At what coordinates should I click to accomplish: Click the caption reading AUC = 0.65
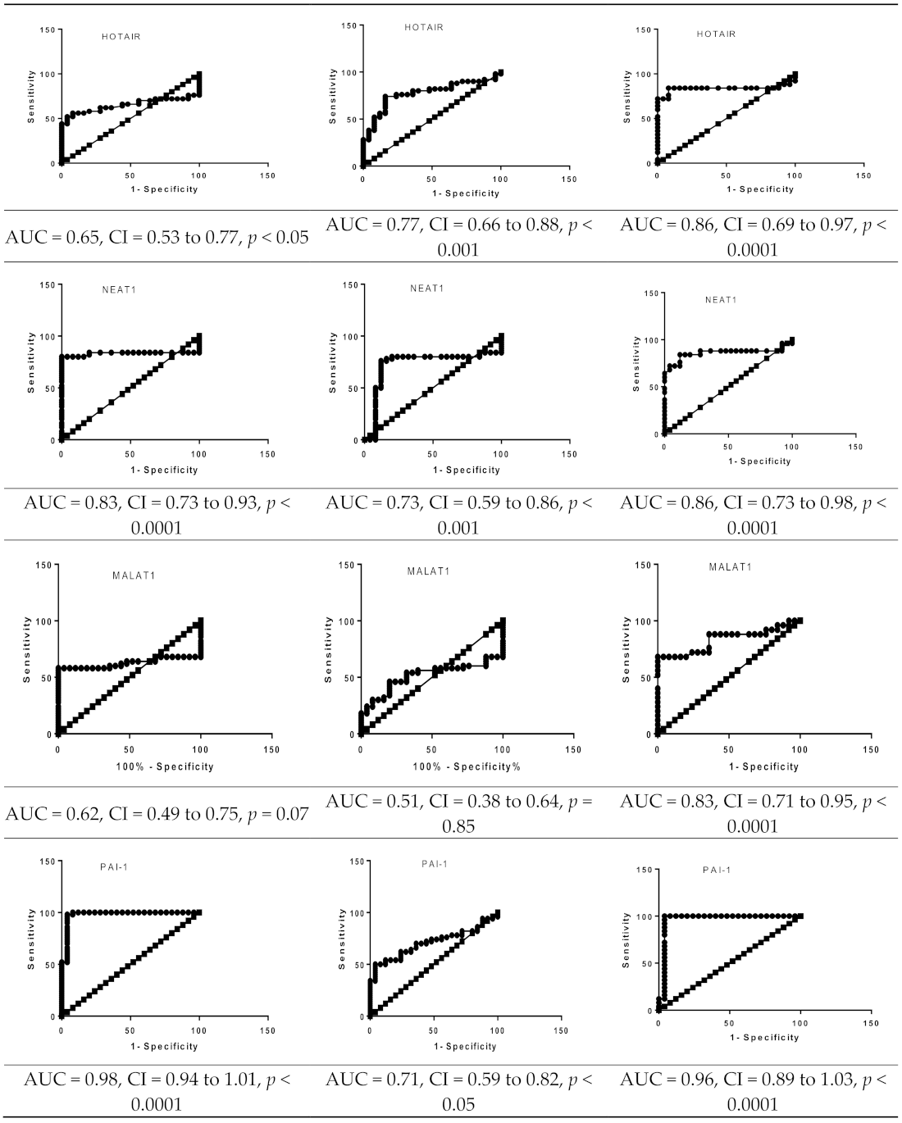pos(157,238)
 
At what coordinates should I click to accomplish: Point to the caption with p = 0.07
pos(157,814)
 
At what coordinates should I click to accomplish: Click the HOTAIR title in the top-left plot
pos(121,36)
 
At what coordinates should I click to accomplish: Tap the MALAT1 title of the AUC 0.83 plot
pos(730,567)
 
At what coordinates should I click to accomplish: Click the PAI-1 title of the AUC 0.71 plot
pos(435,864)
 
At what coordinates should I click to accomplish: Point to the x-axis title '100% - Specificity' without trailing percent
pos(165,767)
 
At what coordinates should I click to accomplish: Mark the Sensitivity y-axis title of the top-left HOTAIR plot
pos(31,97)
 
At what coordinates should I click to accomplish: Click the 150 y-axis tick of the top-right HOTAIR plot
pos(644,30)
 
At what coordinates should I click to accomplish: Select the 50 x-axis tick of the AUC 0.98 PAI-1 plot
pos(130,1030)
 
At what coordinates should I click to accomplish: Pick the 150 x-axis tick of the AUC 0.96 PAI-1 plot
pos(871,1023)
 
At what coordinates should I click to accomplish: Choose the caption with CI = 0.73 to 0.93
pos(157,515)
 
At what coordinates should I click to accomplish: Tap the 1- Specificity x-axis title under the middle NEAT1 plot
pos(466,471)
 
